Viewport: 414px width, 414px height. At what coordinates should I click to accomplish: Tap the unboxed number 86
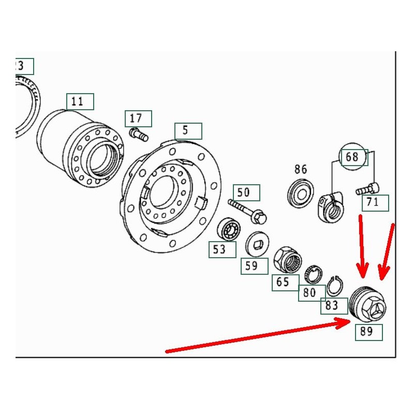click(x=301, y=169)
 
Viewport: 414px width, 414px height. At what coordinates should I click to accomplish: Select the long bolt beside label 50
click(x=247, y=211)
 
